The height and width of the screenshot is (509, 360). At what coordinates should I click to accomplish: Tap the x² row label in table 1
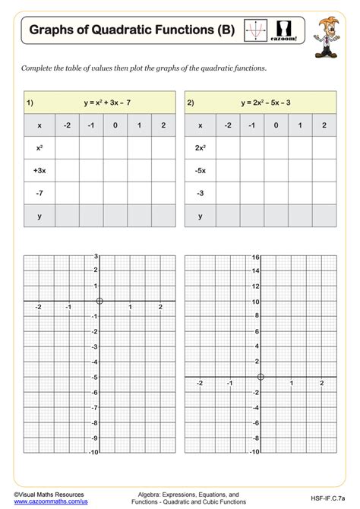point(39,148)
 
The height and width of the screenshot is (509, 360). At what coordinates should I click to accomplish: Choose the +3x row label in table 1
point(39,171)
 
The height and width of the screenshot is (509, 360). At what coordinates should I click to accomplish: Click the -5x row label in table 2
point(201,171)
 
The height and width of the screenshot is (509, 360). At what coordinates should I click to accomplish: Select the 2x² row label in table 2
point(201,148)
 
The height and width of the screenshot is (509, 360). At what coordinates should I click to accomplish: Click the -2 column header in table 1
point(68,125)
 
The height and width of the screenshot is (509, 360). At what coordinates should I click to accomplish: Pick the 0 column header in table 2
point(276,125)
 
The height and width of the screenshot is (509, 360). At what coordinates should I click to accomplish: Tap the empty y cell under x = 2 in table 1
point(162,216)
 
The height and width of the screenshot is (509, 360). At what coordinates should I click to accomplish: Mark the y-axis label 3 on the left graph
point(96,257)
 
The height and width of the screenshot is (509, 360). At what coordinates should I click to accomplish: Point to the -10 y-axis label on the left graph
point(93,453)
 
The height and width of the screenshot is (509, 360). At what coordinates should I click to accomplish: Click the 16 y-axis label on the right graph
point(256,257)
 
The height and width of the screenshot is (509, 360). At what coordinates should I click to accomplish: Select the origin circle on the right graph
point(261,377)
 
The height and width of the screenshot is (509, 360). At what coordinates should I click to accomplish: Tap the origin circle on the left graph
point(99,302)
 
